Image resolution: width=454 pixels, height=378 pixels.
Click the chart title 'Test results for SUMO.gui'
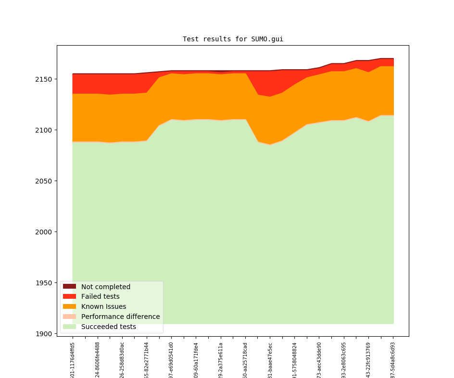(x=233, y=39)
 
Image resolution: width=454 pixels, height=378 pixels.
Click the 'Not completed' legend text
(x=105, y=287)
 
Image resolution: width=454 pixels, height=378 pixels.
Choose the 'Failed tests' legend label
(x=100, y=297)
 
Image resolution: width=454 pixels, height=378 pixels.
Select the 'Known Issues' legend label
(x=103, y=307)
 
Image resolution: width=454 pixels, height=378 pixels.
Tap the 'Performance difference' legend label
(x=120, y=317)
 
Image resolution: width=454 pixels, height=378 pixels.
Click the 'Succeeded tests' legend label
(x=108, y=327)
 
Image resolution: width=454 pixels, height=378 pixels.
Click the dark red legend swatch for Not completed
(x=69, y=287)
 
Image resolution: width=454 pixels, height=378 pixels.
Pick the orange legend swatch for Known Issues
(x=69, y=307)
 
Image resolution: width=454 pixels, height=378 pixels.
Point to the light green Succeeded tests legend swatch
(x=69, y=327)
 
